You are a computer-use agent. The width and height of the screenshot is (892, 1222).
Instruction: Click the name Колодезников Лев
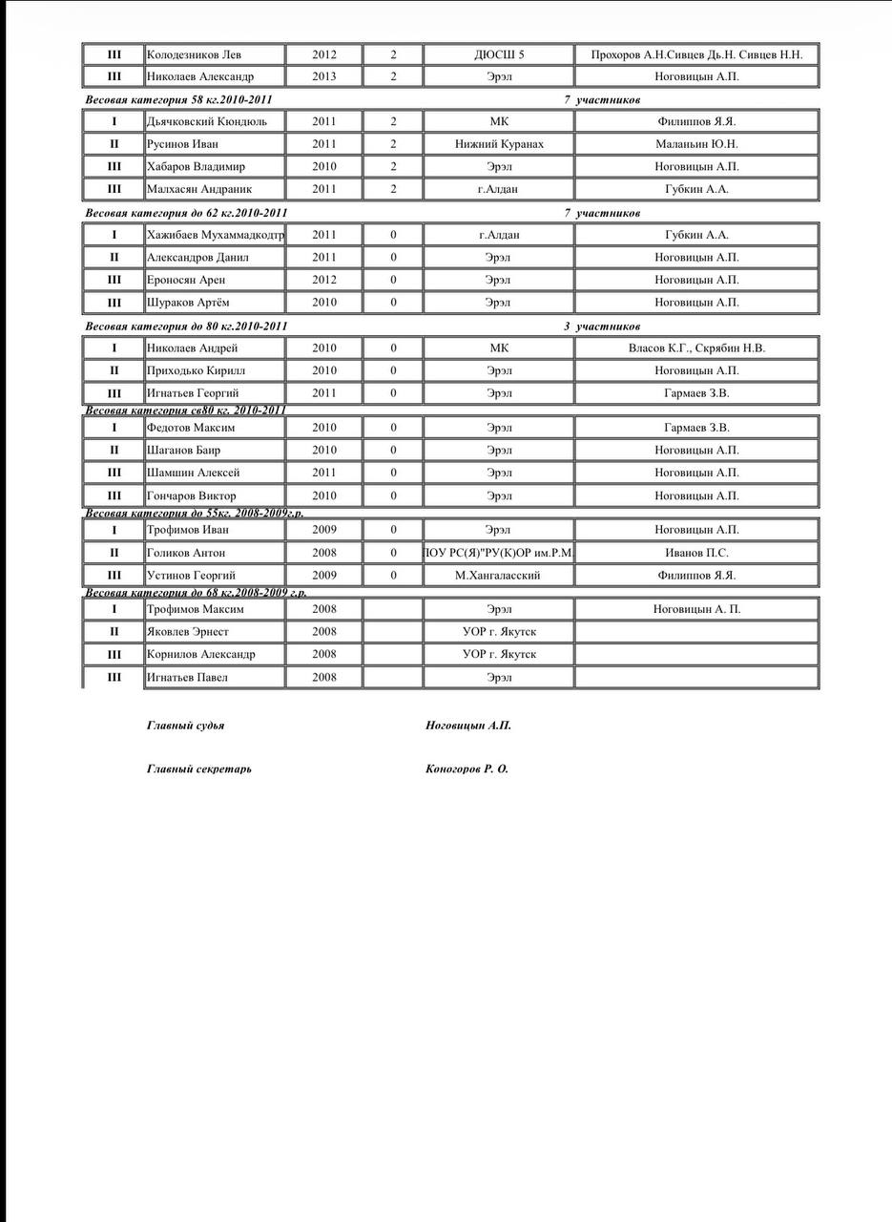(x=194, y=54)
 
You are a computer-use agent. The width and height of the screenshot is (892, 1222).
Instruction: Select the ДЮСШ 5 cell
(x=499, y=54)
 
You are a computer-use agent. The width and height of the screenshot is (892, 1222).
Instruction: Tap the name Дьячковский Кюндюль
(x=206, y=121)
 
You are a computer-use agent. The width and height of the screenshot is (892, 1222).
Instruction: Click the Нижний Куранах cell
(x=499, y=144)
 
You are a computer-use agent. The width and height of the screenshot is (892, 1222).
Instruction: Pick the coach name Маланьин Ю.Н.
(x=696, y=144)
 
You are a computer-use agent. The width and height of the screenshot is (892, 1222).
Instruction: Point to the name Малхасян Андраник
(x=199, y=189)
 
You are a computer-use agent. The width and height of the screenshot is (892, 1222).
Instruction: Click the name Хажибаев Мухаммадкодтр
(x=215, y=235)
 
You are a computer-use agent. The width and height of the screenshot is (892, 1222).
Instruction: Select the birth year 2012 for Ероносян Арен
(x=324, y=280)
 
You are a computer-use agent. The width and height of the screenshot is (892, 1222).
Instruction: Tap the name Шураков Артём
(x=188, y=303)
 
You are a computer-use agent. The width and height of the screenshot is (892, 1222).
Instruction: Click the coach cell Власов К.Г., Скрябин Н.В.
(x=696, y=348)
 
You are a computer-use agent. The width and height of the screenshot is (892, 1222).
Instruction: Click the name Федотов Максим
(x=191, y=428)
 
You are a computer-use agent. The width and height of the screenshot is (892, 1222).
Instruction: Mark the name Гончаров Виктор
(x=192, y=495)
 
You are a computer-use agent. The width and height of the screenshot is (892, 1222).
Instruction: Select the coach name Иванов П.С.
(x=696, y=553)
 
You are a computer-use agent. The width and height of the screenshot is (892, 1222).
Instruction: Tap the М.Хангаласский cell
(x=498, y=576)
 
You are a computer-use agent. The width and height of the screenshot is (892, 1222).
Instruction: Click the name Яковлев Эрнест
(x=188, y=632)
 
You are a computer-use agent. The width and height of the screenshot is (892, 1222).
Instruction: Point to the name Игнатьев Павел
(x=187, y=678)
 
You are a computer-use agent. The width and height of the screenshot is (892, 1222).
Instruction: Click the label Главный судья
(x=186, y=726)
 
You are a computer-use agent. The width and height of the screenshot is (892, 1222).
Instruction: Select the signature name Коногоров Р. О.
(x=467, y=769)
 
